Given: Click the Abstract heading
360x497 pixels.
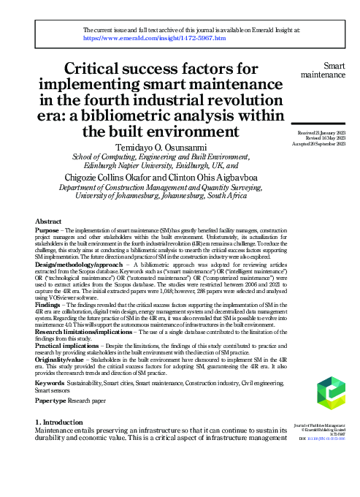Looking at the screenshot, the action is (x=48, y=221).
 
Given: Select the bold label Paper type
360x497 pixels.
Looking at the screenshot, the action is (x=50, y=401).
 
